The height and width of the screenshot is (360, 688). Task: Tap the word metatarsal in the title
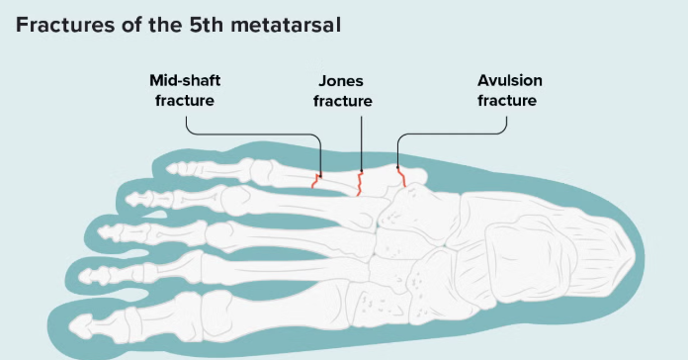pyautogui.click(x=286, y=25)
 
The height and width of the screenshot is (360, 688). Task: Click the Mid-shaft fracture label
pyautogui.click(x=185, y=90)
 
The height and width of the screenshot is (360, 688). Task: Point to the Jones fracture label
pyautogui.click(x=343, y=91)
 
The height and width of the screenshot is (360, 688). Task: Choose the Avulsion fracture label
pyautogui.click(x=509, y=90)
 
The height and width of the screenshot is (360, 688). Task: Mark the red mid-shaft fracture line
pyautogui.click(x=316, y=181)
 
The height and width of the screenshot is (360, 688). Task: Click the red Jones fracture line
pyautogui.click(x=360, y=184)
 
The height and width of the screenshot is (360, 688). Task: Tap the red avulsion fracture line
pyautogui.click(x=401, y=176)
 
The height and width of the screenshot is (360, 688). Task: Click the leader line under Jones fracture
pyautogui.click(x=362, y=143)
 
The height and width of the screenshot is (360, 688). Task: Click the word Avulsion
pyautogui.click(x=509, y=81)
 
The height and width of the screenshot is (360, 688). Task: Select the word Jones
pyautogui.click(x=341, y=81)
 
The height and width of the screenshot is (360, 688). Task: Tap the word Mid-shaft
pyautogui.click(x=185, y=81)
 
